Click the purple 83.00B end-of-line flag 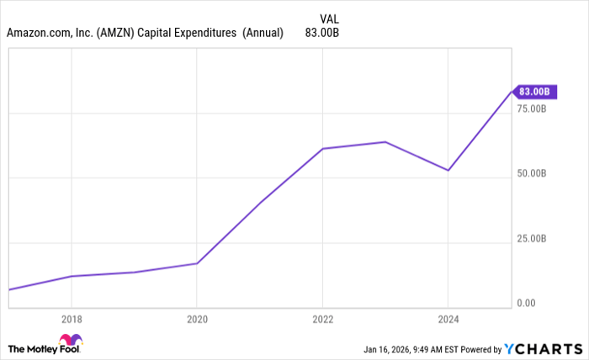tap(533, 91)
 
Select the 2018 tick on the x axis tap(71, 320)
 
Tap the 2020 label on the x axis tap(196, 320)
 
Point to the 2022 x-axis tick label tap(322, 320)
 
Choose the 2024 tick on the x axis tap(448, 320)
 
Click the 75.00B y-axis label tap(532, 109)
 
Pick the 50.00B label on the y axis tap(532, 173)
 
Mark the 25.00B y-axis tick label tap(532, 238)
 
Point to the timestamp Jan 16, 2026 tap(389, 348)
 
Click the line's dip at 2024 tap(448, 171)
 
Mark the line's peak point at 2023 tap(385, 141)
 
